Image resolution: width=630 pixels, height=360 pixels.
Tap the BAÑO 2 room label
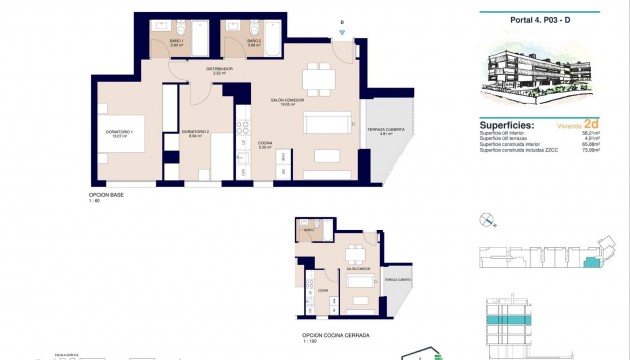click(x=255, y=42)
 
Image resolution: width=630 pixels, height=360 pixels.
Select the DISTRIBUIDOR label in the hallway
click(x=220, y=69)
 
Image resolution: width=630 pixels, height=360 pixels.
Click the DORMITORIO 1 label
click(x=119, y=133)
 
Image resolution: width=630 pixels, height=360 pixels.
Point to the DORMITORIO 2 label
click(x=194, y=132)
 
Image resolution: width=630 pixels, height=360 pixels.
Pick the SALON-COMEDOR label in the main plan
click(x=287, y=100)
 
